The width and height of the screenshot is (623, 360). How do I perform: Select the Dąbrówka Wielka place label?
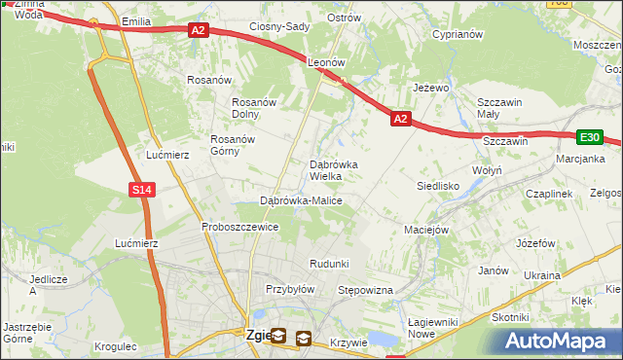(x=333, y=170)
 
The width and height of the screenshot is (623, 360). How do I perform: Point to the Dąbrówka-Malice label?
(x=301, y=200)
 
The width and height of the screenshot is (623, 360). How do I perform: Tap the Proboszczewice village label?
(x=240, y=227)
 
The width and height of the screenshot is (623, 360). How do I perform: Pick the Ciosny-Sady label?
(x=279, y=26)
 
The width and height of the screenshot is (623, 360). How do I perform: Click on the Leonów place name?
(x=327, y=61)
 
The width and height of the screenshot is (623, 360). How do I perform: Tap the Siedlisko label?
(x=438, y=184)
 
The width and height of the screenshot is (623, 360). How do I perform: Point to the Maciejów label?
(x=426, y=231)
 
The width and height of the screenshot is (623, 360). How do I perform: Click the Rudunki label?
(x=329, y=264)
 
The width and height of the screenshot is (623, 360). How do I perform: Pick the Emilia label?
(x=134, y=20)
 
